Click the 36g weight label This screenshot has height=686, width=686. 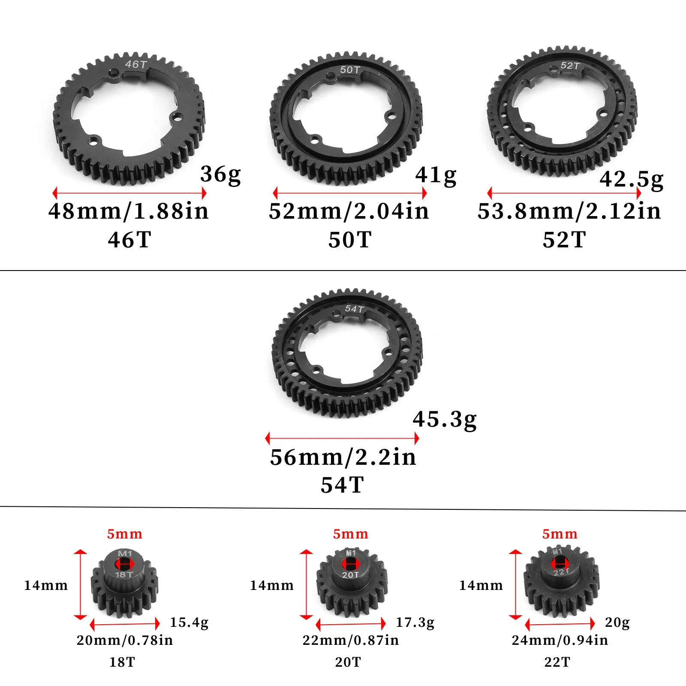click(220, 175)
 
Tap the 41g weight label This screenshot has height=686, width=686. click(436, 175)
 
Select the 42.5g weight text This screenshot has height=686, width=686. click(631, 179)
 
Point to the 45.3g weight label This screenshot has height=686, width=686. click(445, 419)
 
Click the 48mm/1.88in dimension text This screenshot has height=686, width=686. click(129, 211)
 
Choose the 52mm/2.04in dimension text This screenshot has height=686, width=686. click(349, 211)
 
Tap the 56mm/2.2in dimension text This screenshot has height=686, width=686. click(343, 457)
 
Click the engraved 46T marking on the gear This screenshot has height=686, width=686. click(136, 64)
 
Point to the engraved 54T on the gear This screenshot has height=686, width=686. click(354, 309)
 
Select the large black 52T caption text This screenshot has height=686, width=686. click(564, 240)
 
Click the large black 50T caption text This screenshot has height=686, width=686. click(350, 240)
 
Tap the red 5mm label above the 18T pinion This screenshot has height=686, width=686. click(124, 534)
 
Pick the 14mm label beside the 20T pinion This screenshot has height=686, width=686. click(272, 586)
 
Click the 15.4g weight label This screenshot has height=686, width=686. click(189, 622)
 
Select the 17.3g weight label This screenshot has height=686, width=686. click(415, 622)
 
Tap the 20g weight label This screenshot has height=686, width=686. click(617, 622)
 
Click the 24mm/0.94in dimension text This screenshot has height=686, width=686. click(560, 640)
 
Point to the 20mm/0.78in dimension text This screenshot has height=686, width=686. click(125, 640)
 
